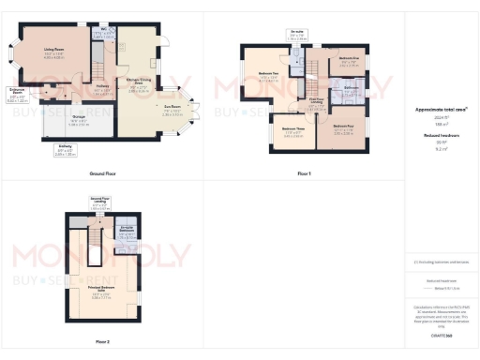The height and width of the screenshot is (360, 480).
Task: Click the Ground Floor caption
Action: coord(102,174)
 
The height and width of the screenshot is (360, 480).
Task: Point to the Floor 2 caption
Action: coord(102,341)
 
